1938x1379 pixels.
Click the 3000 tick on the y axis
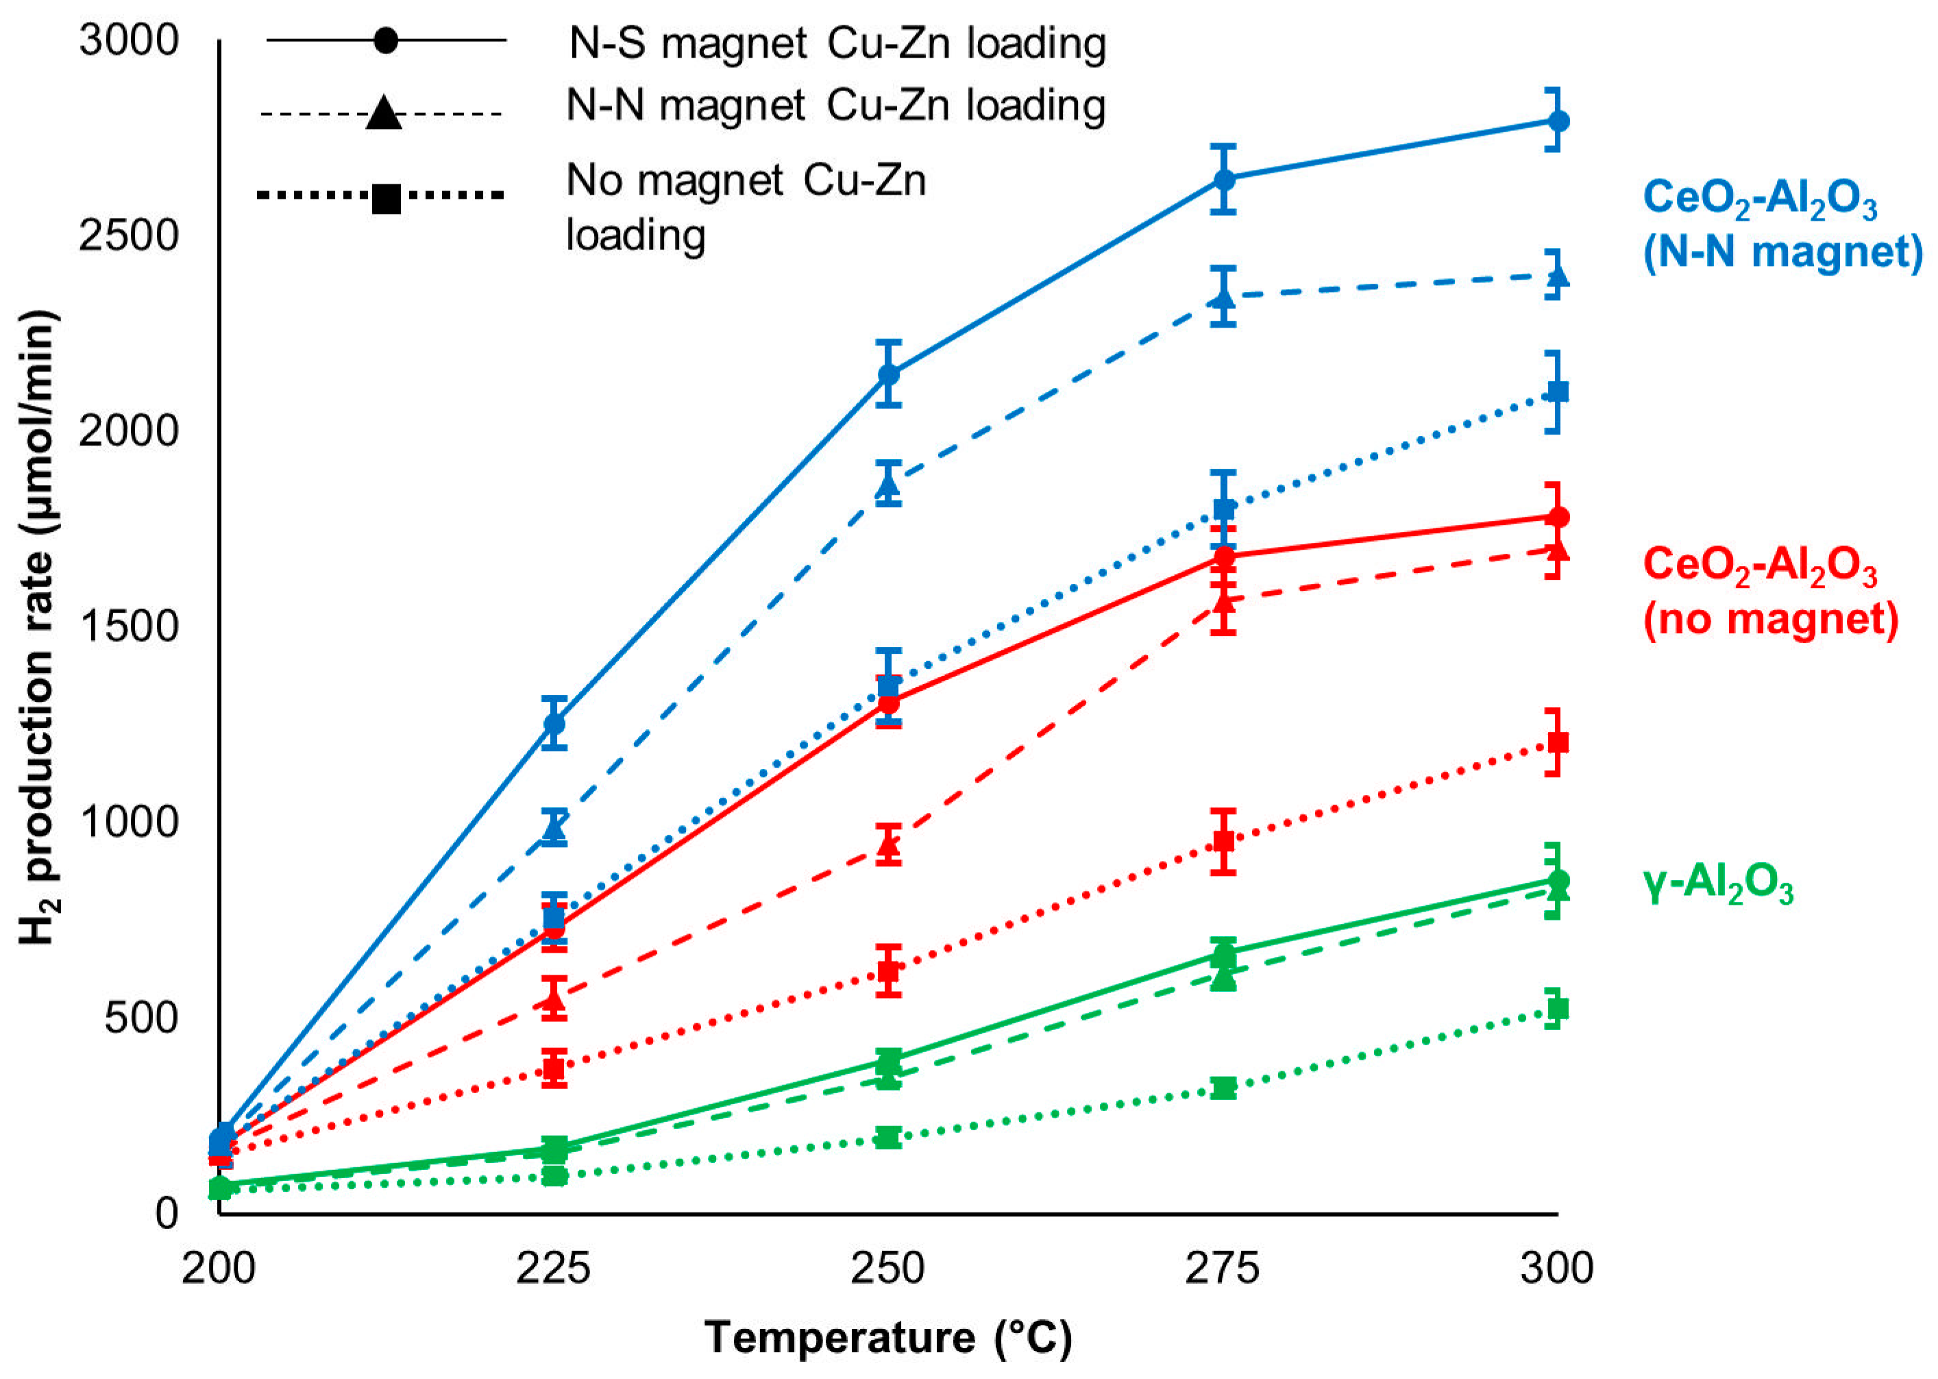(x=129, y=40)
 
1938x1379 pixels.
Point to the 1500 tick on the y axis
(x=129, y=626)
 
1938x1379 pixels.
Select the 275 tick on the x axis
(x=1223, y=1269)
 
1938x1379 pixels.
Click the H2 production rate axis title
(x=38, y=629)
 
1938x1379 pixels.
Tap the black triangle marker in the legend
(x=384, y=112)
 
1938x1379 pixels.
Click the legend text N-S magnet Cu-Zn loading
(x=837, y=42)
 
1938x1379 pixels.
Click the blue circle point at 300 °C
(x=1555, y=121)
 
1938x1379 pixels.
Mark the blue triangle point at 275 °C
(x=1223, y=297)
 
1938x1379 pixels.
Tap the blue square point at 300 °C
(x=1555, y=391)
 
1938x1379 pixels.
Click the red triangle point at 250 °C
(x=889, y=843)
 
